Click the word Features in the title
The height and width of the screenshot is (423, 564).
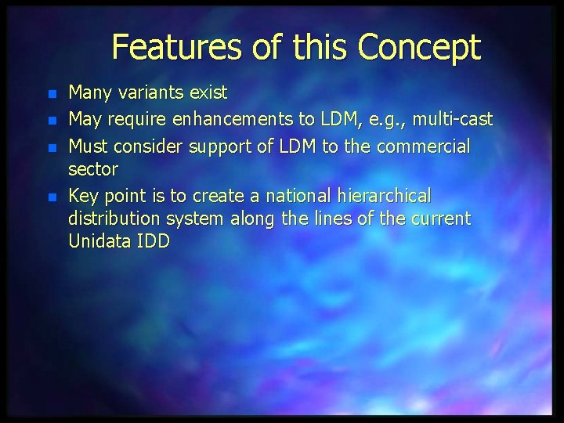[x=177, y=48]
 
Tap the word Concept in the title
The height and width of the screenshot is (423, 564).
[x=418, y=48]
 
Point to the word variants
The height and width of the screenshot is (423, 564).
[x=150, y=93]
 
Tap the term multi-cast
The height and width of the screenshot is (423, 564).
[x=453, y=120]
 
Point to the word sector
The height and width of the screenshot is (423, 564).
[x=93, y=168]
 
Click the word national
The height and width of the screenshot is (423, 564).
[x=294, y=195]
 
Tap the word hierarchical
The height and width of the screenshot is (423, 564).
[x=387, y=195]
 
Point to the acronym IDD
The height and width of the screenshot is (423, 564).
[x=153, y=241]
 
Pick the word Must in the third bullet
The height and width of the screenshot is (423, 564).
[x=88, y=146]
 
